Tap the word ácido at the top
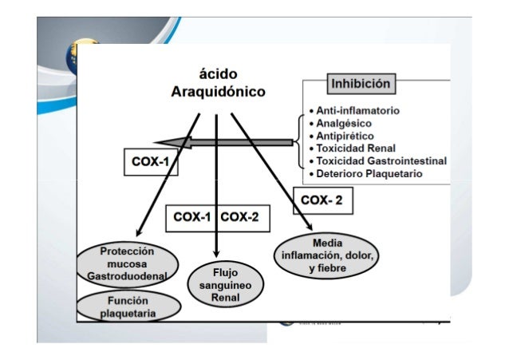pos(217,73)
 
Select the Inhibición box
pos(360,83)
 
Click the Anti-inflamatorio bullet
pos(357,109)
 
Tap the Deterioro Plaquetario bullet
pos(369,173)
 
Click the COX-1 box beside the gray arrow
pos(149,162)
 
